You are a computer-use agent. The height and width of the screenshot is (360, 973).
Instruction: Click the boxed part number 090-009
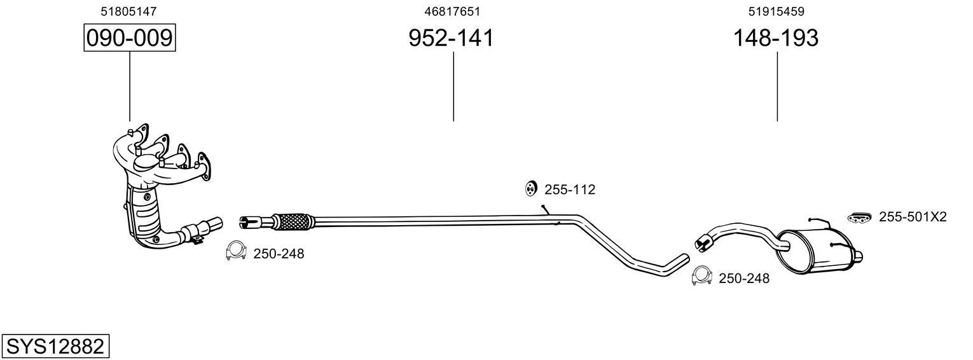point(129,38)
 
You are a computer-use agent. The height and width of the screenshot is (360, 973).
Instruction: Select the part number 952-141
point(450,38)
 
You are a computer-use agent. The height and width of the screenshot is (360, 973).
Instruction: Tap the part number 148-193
point(776,38)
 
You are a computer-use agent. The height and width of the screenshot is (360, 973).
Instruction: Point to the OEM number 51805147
point(129,11)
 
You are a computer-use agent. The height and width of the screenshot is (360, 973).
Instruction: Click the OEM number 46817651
point(452,11)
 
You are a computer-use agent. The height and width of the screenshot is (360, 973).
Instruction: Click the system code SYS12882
point(55,347)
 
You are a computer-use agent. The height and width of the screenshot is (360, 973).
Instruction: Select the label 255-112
point(569,189)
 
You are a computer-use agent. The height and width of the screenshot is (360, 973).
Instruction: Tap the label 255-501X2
point(913,217)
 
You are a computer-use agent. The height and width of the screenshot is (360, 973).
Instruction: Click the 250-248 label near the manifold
point(279,254)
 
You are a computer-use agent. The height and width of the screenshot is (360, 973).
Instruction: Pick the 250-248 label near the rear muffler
point(743,278)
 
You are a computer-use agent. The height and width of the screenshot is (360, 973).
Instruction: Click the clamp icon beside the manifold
point(236,252)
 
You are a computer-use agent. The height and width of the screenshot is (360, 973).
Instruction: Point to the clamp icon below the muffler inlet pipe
point(701,275)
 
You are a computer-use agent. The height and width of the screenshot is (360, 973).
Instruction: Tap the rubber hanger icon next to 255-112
point(530,188)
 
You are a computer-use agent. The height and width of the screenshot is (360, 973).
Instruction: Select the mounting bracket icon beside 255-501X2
point(859,218)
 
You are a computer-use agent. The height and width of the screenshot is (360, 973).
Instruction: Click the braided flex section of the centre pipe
point(292,221)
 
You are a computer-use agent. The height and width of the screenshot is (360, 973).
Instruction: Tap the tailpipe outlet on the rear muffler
point(857,256)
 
